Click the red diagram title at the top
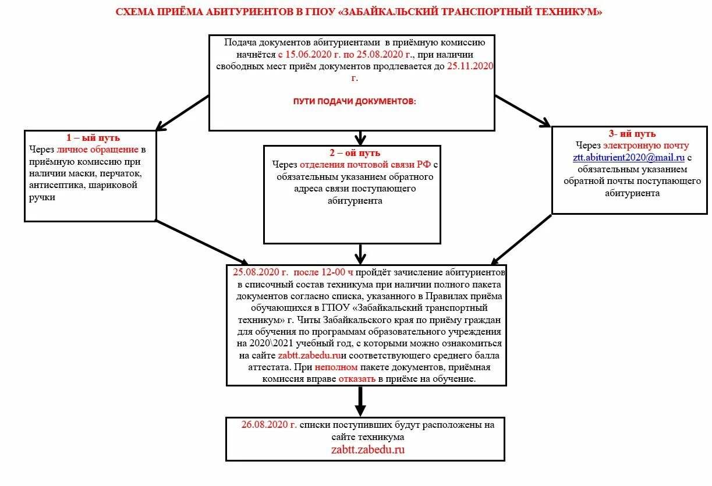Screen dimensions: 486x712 [359, 12]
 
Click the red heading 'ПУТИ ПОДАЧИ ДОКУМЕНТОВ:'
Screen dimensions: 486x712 [355, 101]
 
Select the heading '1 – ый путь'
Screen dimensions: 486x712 [93, 138]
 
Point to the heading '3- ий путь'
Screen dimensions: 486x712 [632, 134]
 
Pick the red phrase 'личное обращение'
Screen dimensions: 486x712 [98, 150]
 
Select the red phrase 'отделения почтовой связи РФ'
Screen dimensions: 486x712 [365, 165]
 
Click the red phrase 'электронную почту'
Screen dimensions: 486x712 [646, 146]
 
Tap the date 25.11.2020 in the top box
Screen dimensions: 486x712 [470, 66]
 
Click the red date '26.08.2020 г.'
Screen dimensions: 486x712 [269, 425]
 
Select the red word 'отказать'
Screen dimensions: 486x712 [357, 379]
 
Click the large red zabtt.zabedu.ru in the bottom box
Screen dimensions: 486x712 [367, 449]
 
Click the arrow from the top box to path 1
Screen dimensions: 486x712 [182, 112]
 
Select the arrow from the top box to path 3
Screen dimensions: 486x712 [522, 111]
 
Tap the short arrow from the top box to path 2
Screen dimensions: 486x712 [360, 138]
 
